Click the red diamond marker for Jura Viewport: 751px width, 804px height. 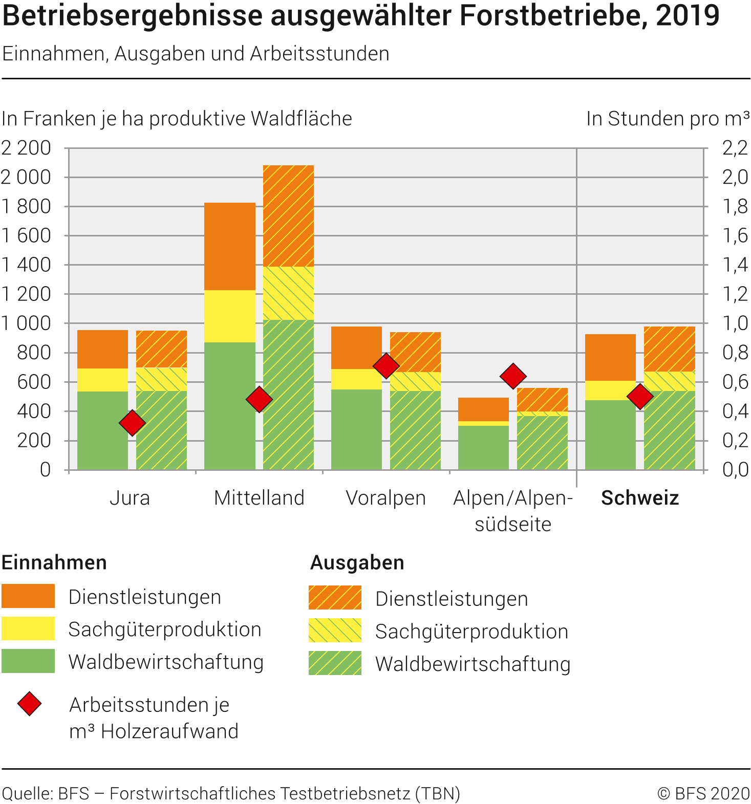click(x=132, y=423)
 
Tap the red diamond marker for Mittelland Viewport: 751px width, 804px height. click(x=259, y=399)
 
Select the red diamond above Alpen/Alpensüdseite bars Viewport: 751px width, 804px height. click(x=513, y=376)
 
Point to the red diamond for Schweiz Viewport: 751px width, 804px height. click(x=640, y=396)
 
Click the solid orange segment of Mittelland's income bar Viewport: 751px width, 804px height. click(x=230, y=246)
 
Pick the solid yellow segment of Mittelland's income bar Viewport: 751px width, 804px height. click(x=230, y=316)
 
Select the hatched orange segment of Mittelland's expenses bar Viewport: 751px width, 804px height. click(x=288, y=215)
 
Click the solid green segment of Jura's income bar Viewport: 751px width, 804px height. click(x=102, y=430)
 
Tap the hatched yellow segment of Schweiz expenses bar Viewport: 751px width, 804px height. click(x=669, y=381)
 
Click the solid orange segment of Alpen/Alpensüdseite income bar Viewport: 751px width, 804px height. click(x=483, y=409)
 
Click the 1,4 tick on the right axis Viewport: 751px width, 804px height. click(x=735, y=265)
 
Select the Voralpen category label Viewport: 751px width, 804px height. click(x=385, y=498)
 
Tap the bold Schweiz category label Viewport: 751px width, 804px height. click(x=640, y=498)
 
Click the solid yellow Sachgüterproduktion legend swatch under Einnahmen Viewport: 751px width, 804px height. click(x=28, y=628)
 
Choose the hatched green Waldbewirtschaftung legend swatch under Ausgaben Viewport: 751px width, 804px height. click(x=335, y=663)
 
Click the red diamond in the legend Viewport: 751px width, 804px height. click(x=30, y=704)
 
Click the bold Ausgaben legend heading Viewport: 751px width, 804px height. click(x=357, y=563)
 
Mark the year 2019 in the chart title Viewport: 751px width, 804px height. click(x=688, y=15)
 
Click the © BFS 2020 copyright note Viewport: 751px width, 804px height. click(x=703, y=793)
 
